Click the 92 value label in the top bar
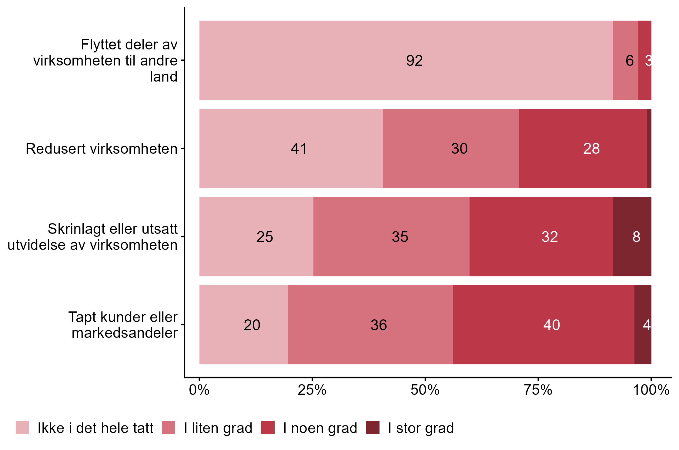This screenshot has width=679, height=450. click(x=414, y=61)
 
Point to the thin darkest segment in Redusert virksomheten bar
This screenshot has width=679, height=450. click(x=649, y=149)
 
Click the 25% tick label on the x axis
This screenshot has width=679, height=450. click(x=312, y=390)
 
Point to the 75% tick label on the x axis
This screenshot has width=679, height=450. click(x=538, y=390)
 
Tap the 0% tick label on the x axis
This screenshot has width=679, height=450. click(x=199, y=390)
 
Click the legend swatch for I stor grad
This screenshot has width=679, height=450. click(x=373, y=428)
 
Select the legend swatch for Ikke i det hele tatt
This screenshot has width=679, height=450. click(x=22, y=428)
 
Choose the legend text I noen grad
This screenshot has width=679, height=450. click(x=320, y=428)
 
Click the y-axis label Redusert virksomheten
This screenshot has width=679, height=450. click(x=102, y=149)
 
